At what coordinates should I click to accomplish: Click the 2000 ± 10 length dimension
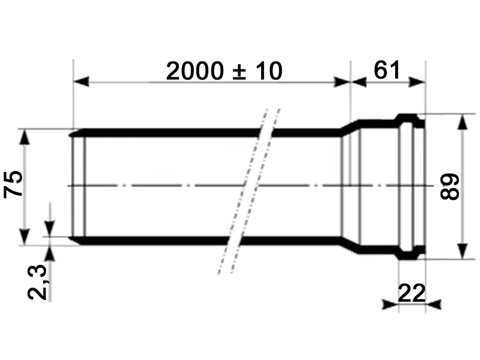[224, 71]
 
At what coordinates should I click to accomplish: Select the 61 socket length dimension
[387, 70]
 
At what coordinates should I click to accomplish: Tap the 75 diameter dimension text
[14, 185]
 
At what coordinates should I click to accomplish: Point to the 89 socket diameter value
[450, 187]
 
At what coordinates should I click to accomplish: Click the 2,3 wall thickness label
[37, 282]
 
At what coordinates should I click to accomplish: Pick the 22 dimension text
[411, 293]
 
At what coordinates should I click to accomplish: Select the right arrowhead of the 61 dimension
[417, 82]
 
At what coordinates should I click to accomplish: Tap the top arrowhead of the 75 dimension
[25, 136]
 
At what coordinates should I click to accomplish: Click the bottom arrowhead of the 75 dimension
[25, 237]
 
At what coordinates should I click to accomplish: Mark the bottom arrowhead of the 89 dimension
[462, 250]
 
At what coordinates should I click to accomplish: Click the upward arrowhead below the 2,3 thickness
[50, 253]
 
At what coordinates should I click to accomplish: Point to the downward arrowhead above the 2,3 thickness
[50, 228]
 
